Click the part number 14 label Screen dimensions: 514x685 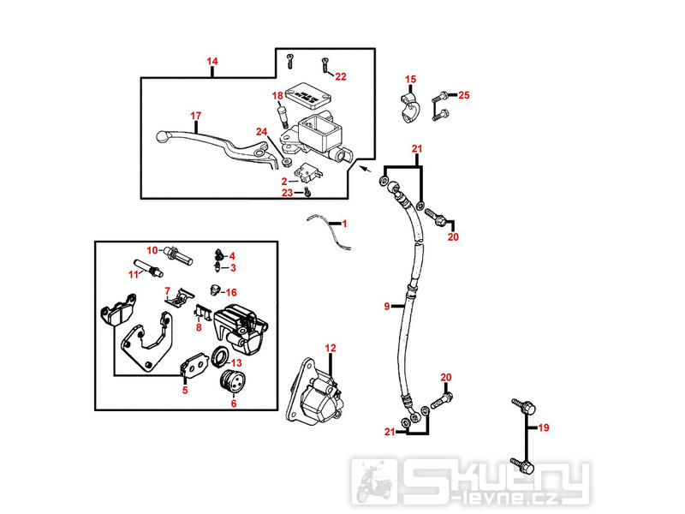(x=212, y=62)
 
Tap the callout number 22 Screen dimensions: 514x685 (x=340, y=76)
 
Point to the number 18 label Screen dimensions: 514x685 (x=277, y=95)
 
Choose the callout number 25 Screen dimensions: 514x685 (x=465, y=94)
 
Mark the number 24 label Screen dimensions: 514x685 (x=262, y=131)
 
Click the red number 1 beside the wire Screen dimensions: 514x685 (x=344, y=224)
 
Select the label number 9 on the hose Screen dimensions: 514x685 (x=387, y=306)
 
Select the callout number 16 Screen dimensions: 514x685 (x=231, y=292)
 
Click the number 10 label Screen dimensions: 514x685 (x=152, y=250)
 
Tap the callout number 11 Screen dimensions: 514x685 (x=133, y=274)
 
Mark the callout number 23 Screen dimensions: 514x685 (x=289, y=193)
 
